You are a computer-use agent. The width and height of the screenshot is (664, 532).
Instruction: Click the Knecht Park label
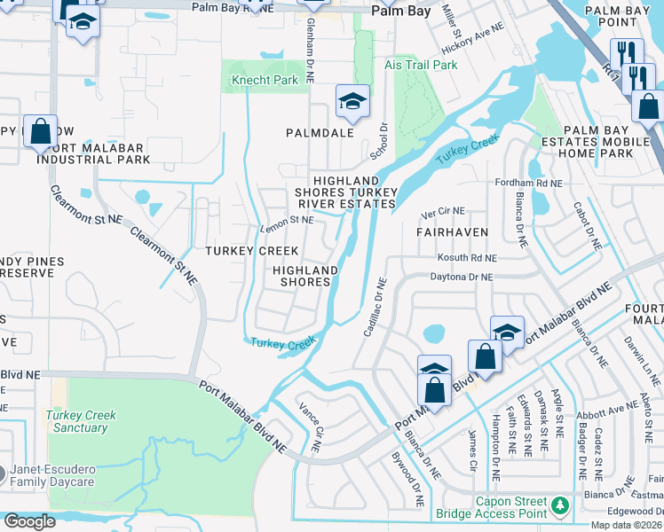265,81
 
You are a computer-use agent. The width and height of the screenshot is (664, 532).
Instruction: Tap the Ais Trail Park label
422,65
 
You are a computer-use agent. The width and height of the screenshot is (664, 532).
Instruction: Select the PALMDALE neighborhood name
320,132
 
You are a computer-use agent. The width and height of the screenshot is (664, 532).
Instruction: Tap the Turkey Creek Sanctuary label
82,421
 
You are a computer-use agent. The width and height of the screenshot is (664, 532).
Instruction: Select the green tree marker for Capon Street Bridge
559,505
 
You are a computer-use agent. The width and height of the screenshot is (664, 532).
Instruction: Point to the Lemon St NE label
287,220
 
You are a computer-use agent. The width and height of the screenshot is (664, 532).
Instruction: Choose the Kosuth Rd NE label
467,257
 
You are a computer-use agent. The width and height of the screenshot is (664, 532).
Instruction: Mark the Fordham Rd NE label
530,183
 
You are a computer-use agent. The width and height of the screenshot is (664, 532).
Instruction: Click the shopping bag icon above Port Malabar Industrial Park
40,132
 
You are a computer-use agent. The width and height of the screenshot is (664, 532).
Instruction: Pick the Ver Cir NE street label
444,210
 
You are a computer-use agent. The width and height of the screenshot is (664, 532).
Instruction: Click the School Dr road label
382,141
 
